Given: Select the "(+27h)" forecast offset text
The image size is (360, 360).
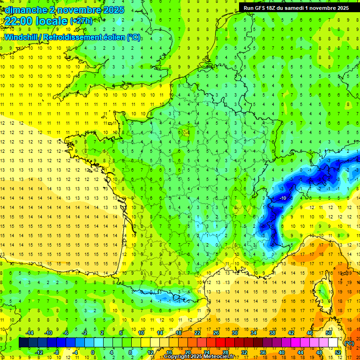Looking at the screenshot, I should [81, 21].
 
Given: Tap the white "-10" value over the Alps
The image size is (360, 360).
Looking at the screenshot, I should [283, 198].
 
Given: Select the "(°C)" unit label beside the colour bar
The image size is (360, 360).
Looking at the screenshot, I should [349, 343].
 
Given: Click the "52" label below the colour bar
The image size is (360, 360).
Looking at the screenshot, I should [337, 352].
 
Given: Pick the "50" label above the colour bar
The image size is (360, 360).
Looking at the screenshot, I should [328, 333].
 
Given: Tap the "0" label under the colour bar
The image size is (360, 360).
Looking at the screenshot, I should [93, 352].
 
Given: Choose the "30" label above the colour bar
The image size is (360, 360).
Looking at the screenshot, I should [234, 333].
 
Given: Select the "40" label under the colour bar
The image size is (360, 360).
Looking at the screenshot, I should [281, 352].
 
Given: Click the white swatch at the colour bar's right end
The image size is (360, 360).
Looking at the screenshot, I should [333, 343].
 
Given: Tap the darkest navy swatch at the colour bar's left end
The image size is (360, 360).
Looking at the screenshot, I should [23, 343].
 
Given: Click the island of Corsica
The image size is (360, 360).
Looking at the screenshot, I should [321, 291].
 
